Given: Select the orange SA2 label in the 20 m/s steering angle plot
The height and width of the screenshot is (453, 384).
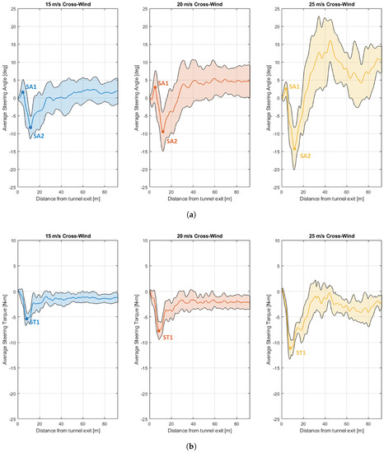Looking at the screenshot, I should [x=171, y=141].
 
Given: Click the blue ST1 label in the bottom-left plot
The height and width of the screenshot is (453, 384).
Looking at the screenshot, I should [x=35, y=322].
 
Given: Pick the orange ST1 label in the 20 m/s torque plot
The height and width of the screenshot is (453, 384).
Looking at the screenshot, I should [x=168, y=338].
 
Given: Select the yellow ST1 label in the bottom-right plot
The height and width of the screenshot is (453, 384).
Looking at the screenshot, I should [x=302, y=353].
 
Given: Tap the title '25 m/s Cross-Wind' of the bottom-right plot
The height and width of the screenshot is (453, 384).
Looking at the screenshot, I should [x=332, y=237].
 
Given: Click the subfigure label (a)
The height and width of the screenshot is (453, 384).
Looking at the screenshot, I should [x=192, y=214].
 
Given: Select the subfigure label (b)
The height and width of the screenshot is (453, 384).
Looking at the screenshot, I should [x=192, y=446].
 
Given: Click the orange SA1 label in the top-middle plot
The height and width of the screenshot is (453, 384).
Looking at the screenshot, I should [x=162, y=83].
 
